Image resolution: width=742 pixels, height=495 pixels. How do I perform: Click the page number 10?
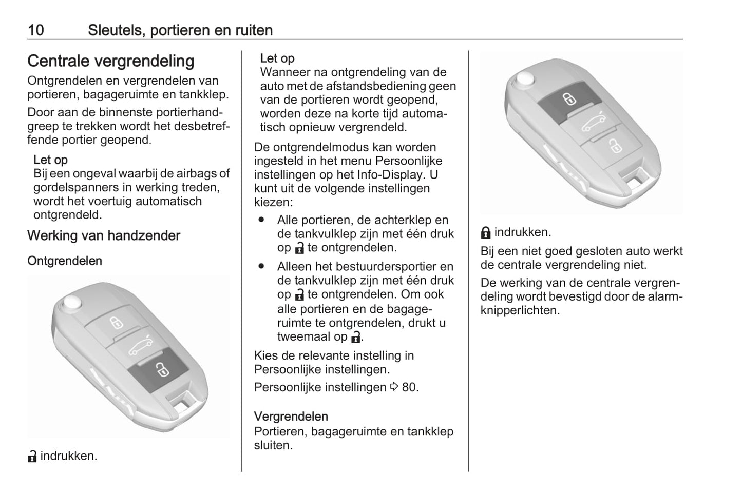(x=35, y=30)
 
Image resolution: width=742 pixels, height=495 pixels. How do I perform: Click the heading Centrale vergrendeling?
(x=110, y=61)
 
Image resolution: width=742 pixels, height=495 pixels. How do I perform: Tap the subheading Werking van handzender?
(x=103, y=236)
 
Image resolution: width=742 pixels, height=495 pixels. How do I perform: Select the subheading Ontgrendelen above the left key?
(x=64, y=261)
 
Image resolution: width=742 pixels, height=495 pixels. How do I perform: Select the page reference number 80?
(x=409, y=387)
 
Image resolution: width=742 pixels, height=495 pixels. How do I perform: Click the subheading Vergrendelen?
(x=291, y=417)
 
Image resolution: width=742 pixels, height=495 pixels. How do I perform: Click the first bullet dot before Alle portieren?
(x=262, y=220)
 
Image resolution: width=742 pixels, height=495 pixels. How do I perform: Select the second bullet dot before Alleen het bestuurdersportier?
(x=262, y=266)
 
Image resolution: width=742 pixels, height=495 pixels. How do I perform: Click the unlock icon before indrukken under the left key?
(x=32, y=456)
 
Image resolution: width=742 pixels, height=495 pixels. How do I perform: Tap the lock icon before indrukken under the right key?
(x=485, y=233)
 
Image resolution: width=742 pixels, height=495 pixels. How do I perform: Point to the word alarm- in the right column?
(x=666, y=296)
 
